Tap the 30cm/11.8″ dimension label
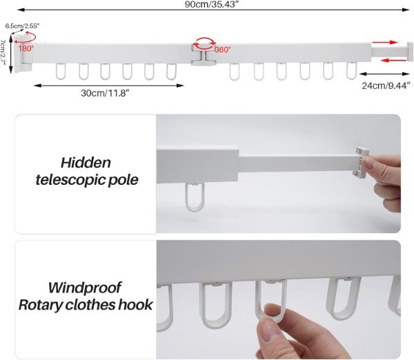tap(105, 93)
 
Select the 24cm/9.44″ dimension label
tap(386, 86)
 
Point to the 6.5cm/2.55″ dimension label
tap(22, 26)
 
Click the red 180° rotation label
tap(26, 48)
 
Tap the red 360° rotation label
tap(223, 50)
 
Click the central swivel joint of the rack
tap(204, 55)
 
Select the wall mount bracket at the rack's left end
tap(23, 54)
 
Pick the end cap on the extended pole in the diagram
tap(410, 52)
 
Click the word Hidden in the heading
tap(86, 163)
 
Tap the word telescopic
tap(70, 180)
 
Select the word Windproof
tap(84, 288)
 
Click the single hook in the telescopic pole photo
tap(195, 197)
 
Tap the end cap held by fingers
tap(361, 161)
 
